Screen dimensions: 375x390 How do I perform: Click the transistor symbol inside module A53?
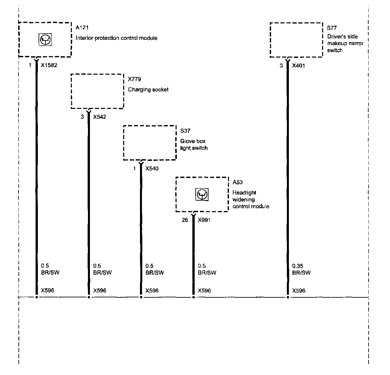point(202,194)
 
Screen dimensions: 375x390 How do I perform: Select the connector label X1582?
point(49,65)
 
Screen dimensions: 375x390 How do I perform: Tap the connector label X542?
point(99,117)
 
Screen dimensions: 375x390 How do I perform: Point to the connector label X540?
point(152,169)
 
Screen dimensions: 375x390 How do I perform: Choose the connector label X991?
point(204,220)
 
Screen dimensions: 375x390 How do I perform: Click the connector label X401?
point(298,65)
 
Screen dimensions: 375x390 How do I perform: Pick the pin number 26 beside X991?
point(185,220)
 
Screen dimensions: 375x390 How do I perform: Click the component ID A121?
point(82,28)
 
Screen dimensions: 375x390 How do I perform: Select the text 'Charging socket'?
point(148,89)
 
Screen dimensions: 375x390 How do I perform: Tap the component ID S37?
point(185,131)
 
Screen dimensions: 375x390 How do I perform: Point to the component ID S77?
point(332,28)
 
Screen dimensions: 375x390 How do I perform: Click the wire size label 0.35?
point(297,266)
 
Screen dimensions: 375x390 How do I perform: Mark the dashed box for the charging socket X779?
point(97,91)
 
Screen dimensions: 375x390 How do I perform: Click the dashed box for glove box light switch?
point(150,143)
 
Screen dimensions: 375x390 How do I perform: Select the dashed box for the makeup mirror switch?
point(296,40)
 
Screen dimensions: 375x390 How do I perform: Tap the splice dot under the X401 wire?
point(288,297)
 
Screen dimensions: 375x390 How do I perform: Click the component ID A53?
point(237,182)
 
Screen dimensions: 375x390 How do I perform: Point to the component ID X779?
point(134,79)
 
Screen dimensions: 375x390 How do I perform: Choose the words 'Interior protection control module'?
point(116,38)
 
